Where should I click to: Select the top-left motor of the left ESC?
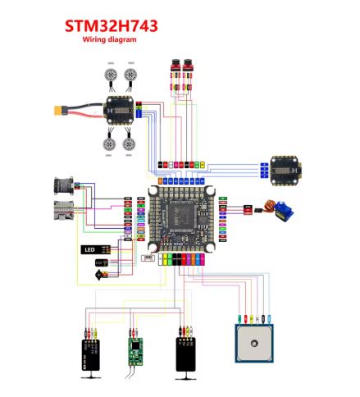coord(108,75)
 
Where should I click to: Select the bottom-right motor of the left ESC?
coord(130,144)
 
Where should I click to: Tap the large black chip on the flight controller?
coord(182,217)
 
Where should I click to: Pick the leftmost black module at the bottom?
coord(89,354)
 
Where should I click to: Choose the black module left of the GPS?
coord(186,354)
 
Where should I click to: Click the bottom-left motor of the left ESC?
coord(108,144)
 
